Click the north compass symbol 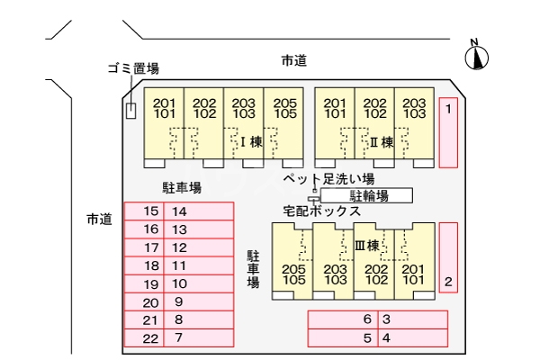[476, 57]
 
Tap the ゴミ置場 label [134, 69]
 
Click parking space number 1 [448, 133]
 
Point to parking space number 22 [150, 338]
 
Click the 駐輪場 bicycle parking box [367, 195]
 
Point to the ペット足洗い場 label [341, 180]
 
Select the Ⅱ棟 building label [382, 141]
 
